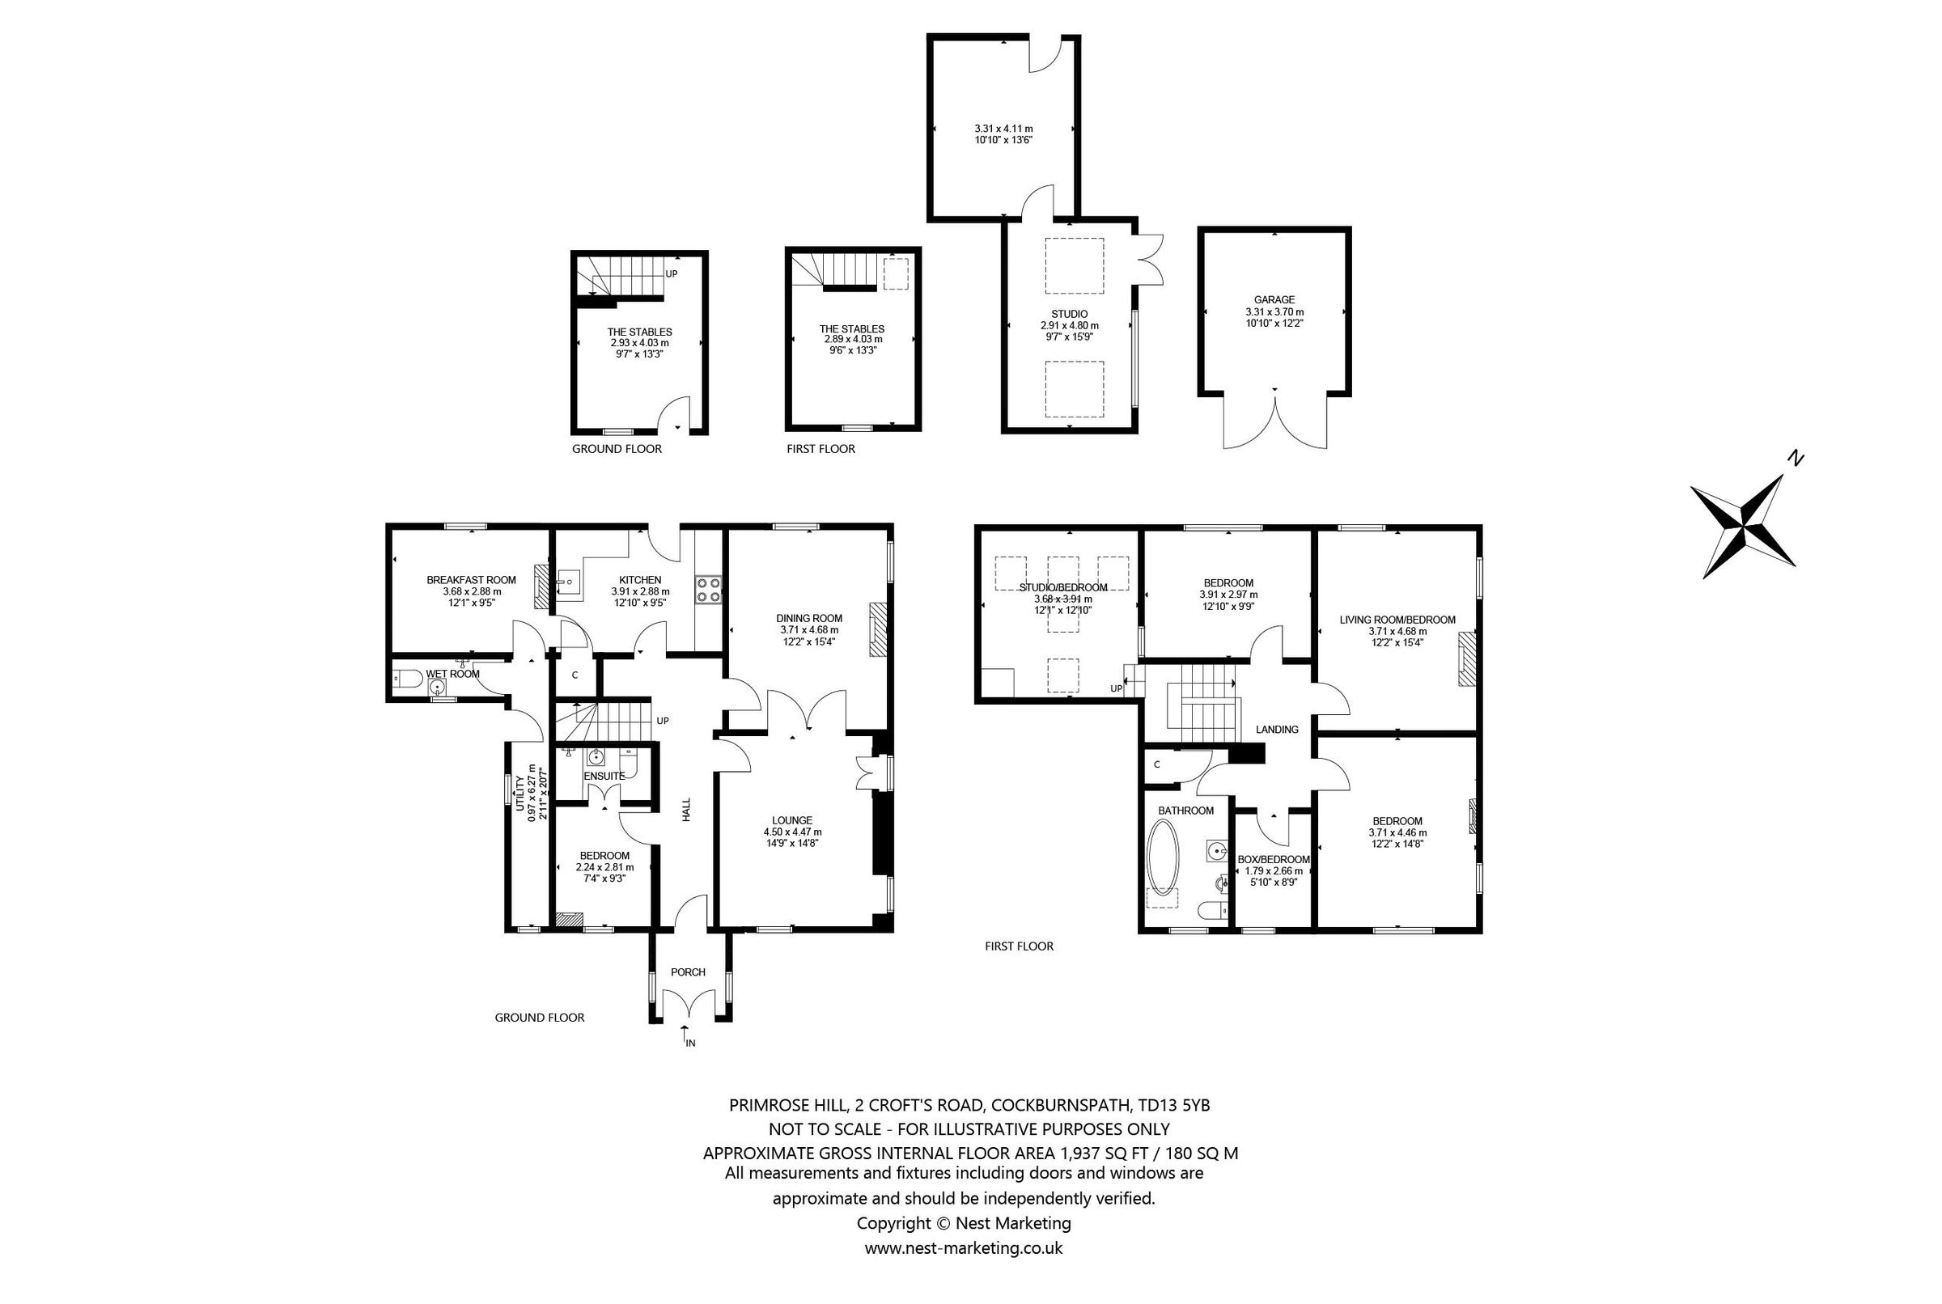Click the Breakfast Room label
click(471, 580)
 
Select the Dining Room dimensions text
click(808, 635)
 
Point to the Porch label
click(687, 972)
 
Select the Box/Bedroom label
click(1273, 860)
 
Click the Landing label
click(1276, 730)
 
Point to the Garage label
click(1274, 299)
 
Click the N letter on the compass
click(1796, 457)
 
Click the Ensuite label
click(604, 776)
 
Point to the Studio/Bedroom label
click(1062, 587)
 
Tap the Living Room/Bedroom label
click(1397, 620)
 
